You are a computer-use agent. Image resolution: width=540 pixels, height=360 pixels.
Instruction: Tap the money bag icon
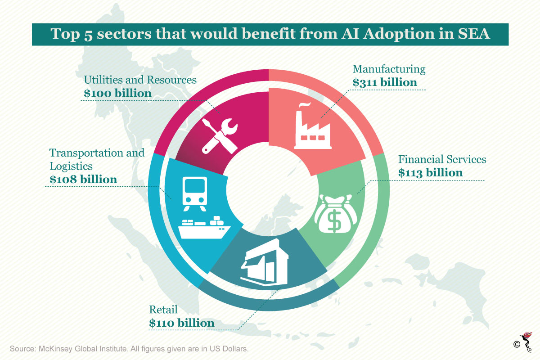click(x=336, y=214)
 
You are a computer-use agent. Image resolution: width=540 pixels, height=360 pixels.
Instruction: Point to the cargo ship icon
click(x=204, y=227)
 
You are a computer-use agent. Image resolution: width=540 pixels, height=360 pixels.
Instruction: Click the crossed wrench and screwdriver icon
click(x=220, y=136)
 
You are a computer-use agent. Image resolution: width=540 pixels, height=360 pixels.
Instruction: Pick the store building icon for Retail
click(x=265, y=262)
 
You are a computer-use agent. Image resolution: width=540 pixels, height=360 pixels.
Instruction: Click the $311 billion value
click(x=384, y=82)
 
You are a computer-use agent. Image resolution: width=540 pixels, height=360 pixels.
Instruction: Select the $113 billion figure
click(x=430, y=173)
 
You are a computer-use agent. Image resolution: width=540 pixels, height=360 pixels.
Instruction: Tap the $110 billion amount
click(x=181, y=323)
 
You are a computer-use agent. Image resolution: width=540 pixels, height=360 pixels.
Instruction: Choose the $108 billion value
click(x=83, y=180)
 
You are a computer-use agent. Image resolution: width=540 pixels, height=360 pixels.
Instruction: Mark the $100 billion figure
click(x=117, y=93)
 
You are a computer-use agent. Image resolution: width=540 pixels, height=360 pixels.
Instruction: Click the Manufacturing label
click(x=389, y=69)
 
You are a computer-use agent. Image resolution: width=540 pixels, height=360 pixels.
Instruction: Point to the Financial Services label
click(x=442, y=159)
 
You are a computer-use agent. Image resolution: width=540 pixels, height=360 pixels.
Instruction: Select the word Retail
click(x=163, y=310)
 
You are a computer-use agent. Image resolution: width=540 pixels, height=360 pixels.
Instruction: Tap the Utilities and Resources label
click(x=140, y=80)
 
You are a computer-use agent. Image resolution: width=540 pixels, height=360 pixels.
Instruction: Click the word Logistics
click(x=71, y=166)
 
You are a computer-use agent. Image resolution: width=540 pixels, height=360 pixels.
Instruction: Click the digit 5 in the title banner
click(x=88, y=35)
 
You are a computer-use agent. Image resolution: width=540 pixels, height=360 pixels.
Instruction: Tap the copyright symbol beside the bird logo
click(x=517, y=344)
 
